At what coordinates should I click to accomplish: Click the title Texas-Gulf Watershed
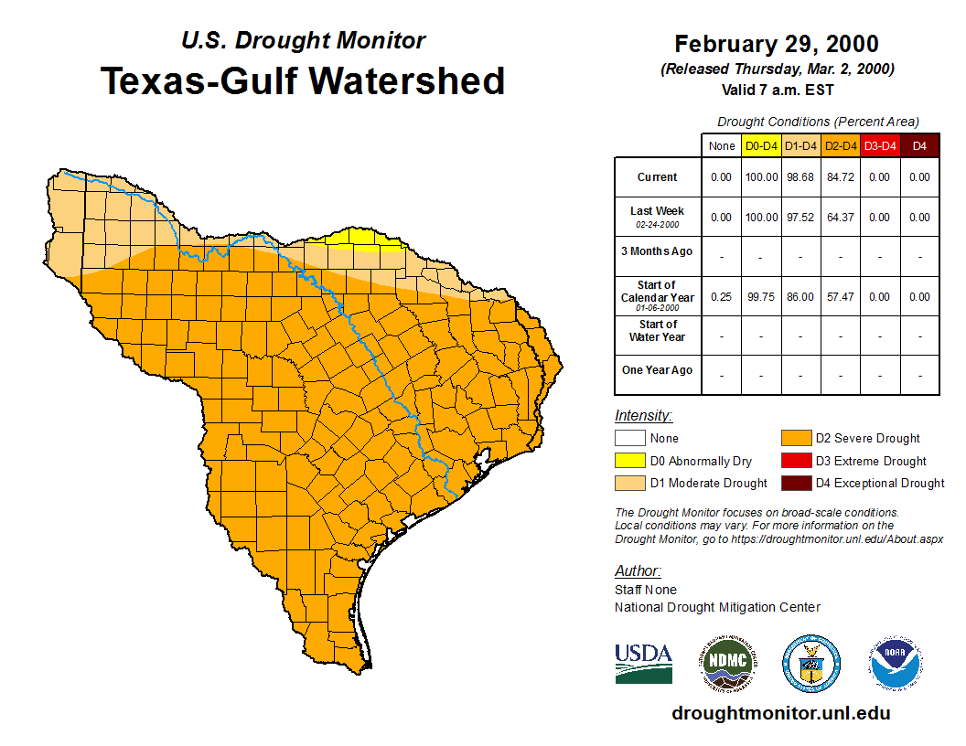(302, 81)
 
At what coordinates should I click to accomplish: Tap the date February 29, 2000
(777, 44)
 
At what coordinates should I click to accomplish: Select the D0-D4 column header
(761, 145)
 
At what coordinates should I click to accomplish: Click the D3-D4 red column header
(880, 145)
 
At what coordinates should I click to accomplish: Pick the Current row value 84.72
(840, 177)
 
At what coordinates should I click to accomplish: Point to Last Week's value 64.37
(840, 218)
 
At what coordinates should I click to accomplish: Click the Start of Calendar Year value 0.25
(722, 297)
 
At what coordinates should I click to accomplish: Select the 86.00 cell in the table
(800, 297)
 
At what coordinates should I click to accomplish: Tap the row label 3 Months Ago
(658, 251)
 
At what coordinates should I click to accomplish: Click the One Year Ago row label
(658, 370)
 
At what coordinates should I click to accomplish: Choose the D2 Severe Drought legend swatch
(794, 439)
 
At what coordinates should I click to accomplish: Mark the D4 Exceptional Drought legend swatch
(794, 483)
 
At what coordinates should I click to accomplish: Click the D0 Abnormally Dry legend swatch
(629, 461)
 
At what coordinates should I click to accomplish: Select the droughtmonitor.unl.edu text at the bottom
(780, 713)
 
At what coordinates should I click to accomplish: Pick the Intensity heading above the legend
(643, 416)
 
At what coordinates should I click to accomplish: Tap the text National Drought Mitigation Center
(717, 607)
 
